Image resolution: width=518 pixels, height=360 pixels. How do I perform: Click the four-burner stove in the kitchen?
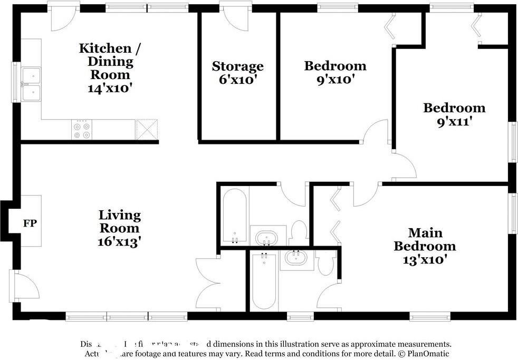pyautogui.click(x=82, y=130)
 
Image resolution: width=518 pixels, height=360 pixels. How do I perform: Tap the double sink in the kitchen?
pyautogui.click(x=32, y=84)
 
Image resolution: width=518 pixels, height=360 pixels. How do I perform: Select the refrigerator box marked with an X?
pyautogui.click(x=147, y=130)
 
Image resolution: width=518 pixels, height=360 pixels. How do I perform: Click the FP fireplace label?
pyautogui.click(x=30, y=223)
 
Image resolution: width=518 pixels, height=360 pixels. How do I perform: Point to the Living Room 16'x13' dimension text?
pyautogui.click(x=120, y=241)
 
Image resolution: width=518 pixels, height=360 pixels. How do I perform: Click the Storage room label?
pyautogui.click(x=237, y=66)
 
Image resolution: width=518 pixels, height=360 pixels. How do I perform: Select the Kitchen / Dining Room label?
pyautogui.click(x=109, y=61)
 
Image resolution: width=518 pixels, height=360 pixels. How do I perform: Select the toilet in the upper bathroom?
pyautogui.click(x=299, y=232)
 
